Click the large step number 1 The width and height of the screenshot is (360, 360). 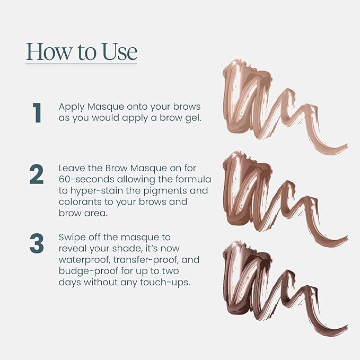[37, 112]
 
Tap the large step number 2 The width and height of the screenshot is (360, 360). [37, 174]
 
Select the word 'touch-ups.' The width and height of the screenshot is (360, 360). [166, 283]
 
